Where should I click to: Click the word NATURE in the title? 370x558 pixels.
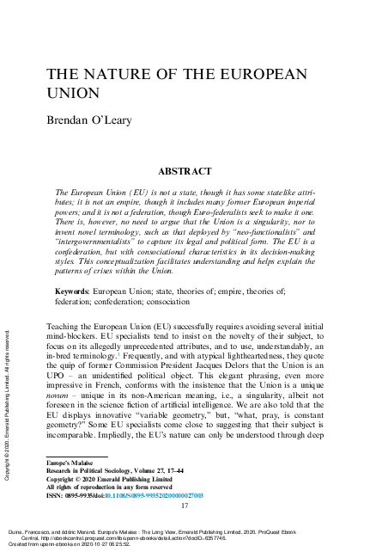coord(129,75)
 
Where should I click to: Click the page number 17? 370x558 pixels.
coord(185,506)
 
